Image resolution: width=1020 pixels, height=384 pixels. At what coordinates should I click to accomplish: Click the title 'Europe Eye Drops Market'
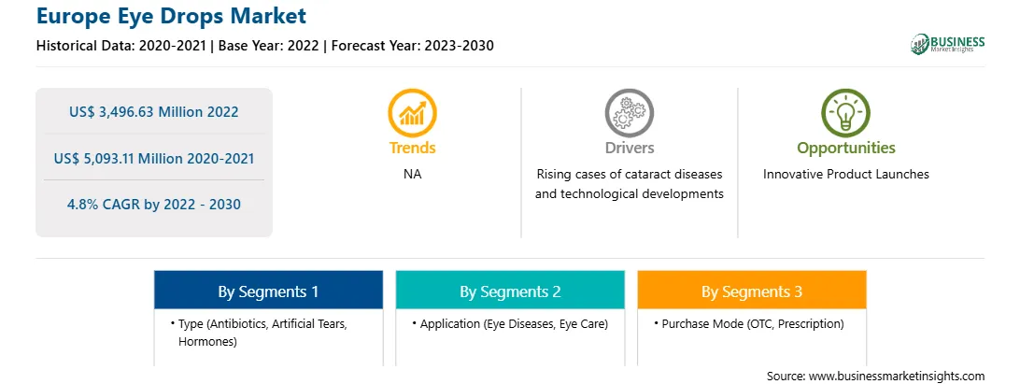click(x=171, y=16)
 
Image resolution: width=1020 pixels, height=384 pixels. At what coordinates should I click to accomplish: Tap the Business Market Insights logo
click(x=947, y=44)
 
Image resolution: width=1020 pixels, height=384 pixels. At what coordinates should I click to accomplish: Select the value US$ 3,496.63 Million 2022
click(x=153, y=112)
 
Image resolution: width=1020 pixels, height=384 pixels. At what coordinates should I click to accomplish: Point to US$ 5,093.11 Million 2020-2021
click(x=153, y=158)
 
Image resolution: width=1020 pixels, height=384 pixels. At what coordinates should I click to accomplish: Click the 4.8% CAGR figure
click(x=153, y=205)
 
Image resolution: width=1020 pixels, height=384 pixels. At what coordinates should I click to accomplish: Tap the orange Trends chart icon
click(x=413, y=113)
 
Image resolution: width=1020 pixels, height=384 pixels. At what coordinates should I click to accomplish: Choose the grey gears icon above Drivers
click(x=629, y=113)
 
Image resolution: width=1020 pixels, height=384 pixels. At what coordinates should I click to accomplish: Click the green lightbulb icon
click(x=845, y=113)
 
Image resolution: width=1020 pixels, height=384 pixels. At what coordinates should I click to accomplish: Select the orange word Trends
click(x=413, y=148)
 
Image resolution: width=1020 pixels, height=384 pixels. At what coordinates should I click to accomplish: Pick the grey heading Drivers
click(x=629, y=148)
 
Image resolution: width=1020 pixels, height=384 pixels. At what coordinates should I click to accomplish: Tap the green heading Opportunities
click(x=846, y=149)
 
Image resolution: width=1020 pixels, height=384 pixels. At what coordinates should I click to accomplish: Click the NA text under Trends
click(x=413, y=175)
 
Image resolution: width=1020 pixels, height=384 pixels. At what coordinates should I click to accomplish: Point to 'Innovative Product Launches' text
click(x=845, y=175)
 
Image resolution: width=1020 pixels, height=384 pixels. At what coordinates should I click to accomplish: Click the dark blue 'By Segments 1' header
click(x=269, y=290)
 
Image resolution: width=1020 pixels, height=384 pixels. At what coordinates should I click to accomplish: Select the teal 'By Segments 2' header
click(x=510, y=290)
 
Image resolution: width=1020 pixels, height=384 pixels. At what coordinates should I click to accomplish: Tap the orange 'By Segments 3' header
click(x=752, y=290)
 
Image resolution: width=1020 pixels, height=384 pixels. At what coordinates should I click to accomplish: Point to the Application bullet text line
click(x=510, y=324)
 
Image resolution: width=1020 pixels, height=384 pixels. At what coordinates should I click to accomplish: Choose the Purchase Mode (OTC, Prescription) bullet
click(x=749, y=324)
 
